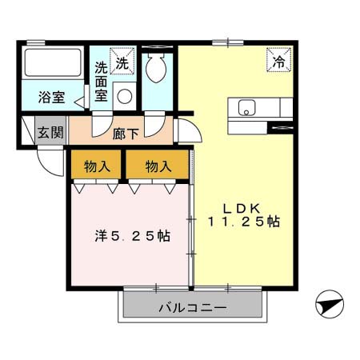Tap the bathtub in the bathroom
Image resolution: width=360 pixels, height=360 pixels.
click(x=53, y=63)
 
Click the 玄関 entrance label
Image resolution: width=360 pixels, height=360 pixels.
click(x=50, y=132)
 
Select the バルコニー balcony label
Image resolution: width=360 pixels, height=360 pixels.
click(x=191, y=306)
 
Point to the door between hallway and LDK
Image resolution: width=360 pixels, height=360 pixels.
click(x=185, y=132)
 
